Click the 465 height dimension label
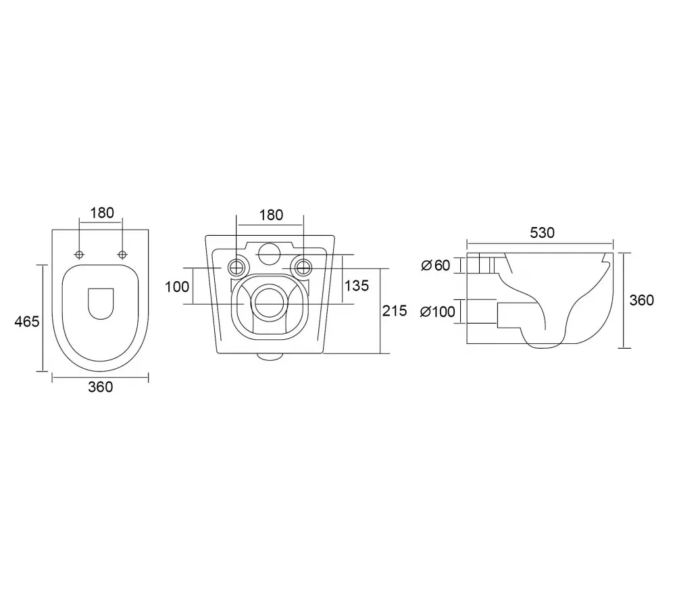[x=27, y=322]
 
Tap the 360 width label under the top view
[x=100, y=387]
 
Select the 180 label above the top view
[x=102, y=213]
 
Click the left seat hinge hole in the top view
[x=79, y=254]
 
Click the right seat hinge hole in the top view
[x=123, y=254]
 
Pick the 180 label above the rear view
[x=271, y=215]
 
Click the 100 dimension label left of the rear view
[x=177, y=286]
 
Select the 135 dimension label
[x=357, y=285]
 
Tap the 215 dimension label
[x=395, y=310]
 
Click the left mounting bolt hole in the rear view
[x=236, y=268]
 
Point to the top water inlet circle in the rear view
[x=270, y=253]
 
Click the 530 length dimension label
[x=542, y=233]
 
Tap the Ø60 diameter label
[x=435, y=265]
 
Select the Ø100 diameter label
[x=437, y=311]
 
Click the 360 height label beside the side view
[x=641, y=300]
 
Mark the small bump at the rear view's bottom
[x=270, y=356]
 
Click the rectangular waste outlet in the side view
[x=517, y=316]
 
